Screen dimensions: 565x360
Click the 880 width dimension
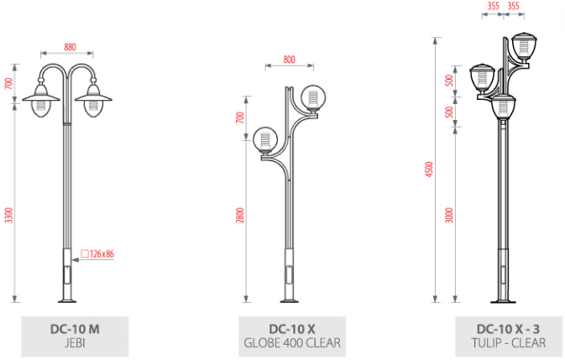[x=70, y=47]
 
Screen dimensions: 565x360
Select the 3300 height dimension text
[x=8, y=216]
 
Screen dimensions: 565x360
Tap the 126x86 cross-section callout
[x=97, y=253]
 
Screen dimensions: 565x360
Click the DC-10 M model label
[x=75, y=329]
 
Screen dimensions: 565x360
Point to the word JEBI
[x=75, y=342]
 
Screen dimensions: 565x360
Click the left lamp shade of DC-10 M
[x=41, y=98]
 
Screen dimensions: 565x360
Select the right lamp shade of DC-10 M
[x=93, y=98]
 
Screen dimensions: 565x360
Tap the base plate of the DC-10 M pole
[x=67, y=300]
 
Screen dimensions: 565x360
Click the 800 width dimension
[x=289, y=60]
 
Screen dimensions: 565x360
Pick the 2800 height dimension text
[x=240, y=215]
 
